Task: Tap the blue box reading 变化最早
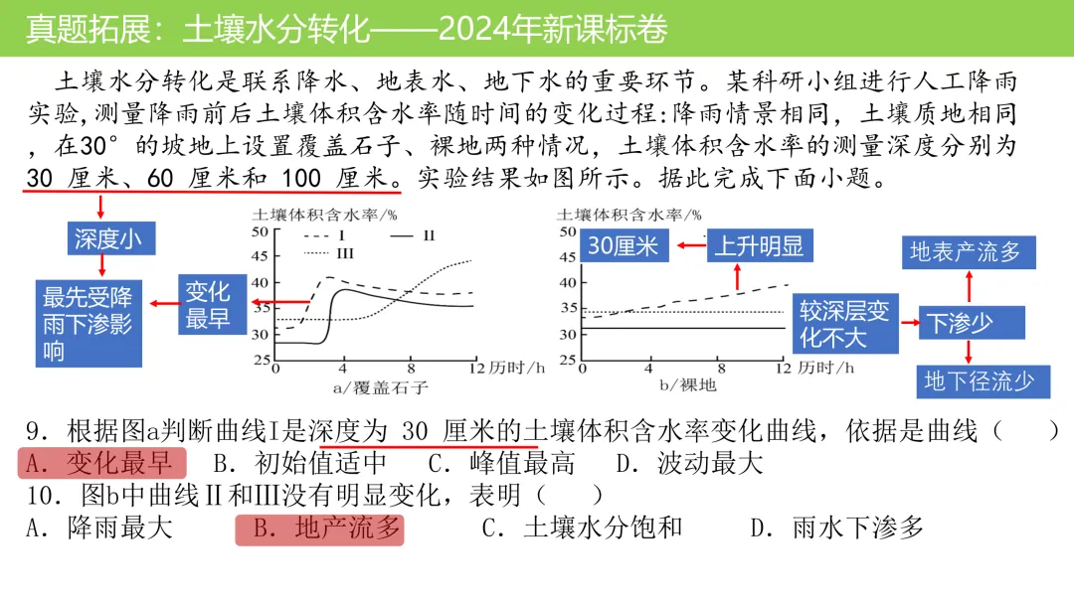click(x=207, y=304)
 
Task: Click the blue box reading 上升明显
click(x=759, y=245)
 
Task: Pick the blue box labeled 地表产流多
click(x=966, y=252)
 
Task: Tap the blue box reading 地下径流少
click(x=979, y=380)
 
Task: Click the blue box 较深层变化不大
click(x=844, y=323)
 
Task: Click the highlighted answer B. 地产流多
click(x=319, y=528)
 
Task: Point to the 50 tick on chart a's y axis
click(x=261, y=231)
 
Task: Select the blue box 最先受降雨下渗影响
click(x=87, y=324)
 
